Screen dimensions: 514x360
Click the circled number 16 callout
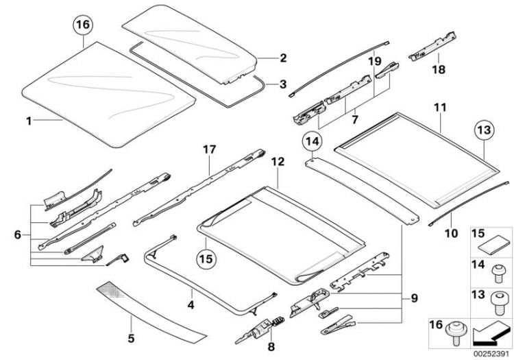(83, 24)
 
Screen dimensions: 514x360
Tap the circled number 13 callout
(485, 130)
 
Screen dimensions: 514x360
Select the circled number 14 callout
(313, 141)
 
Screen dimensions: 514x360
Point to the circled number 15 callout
(206, 259)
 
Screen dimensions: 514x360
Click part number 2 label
(283, 58)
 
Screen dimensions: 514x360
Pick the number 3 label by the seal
(283, 84)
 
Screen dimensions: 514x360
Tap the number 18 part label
(439, 69)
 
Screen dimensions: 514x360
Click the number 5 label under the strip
(131, 338)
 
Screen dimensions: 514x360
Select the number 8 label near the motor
(271, 346)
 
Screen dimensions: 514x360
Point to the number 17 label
(210, 149)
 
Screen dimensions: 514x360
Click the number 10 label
(451, 233)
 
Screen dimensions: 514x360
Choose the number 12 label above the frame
(278, 162)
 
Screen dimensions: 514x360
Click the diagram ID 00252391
(491, 354)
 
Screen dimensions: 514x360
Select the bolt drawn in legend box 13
(497, 304)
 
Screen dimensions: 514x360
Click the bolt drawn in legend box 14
(498, 274)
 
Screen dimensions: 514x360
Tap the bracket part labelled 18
(432, 46)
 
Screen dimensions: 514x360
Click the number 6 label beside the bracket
(18, 235)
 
